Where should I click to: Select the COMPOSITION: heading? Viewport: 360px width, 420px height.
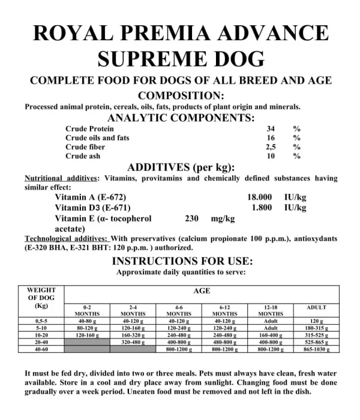coord(181,95)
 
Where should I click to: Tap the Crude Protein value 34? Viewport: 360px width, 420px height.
coord(270,129)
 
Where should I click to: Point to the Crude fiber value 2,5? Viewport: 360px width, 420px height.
coord(270,147)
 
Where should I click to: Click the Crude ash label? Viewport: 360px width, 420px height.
coord(83,156)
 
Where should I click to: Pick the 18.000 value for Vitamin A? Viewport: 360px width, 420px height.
coord(260,197)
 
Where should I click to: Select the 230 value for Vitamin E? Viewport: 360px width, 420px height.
coord(192,219)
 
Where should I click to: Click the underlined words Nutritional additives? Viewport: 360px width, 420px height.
coord(61,178)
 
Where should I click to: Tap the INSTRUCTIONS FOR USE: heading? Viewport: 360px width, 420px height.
coord(182,261)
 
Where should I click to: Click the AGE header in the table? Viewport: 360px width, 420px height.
coord(202,291)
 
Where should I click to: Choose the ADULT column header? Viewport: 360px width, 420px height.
coord(317,307)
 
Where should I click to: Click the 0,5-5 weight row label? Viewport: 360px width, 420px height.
coord(42,322)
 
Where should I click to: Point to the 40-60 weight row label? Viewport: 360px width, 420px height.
coord(42,349)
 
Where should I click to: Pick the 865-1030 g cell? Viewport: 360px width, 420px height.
coord(317,349)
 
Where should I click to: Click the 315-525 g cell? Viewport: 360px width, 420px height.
coord(317,335)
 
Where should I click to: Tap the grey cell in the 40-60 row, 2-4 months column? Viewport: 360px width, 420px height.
coord(133,349)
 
